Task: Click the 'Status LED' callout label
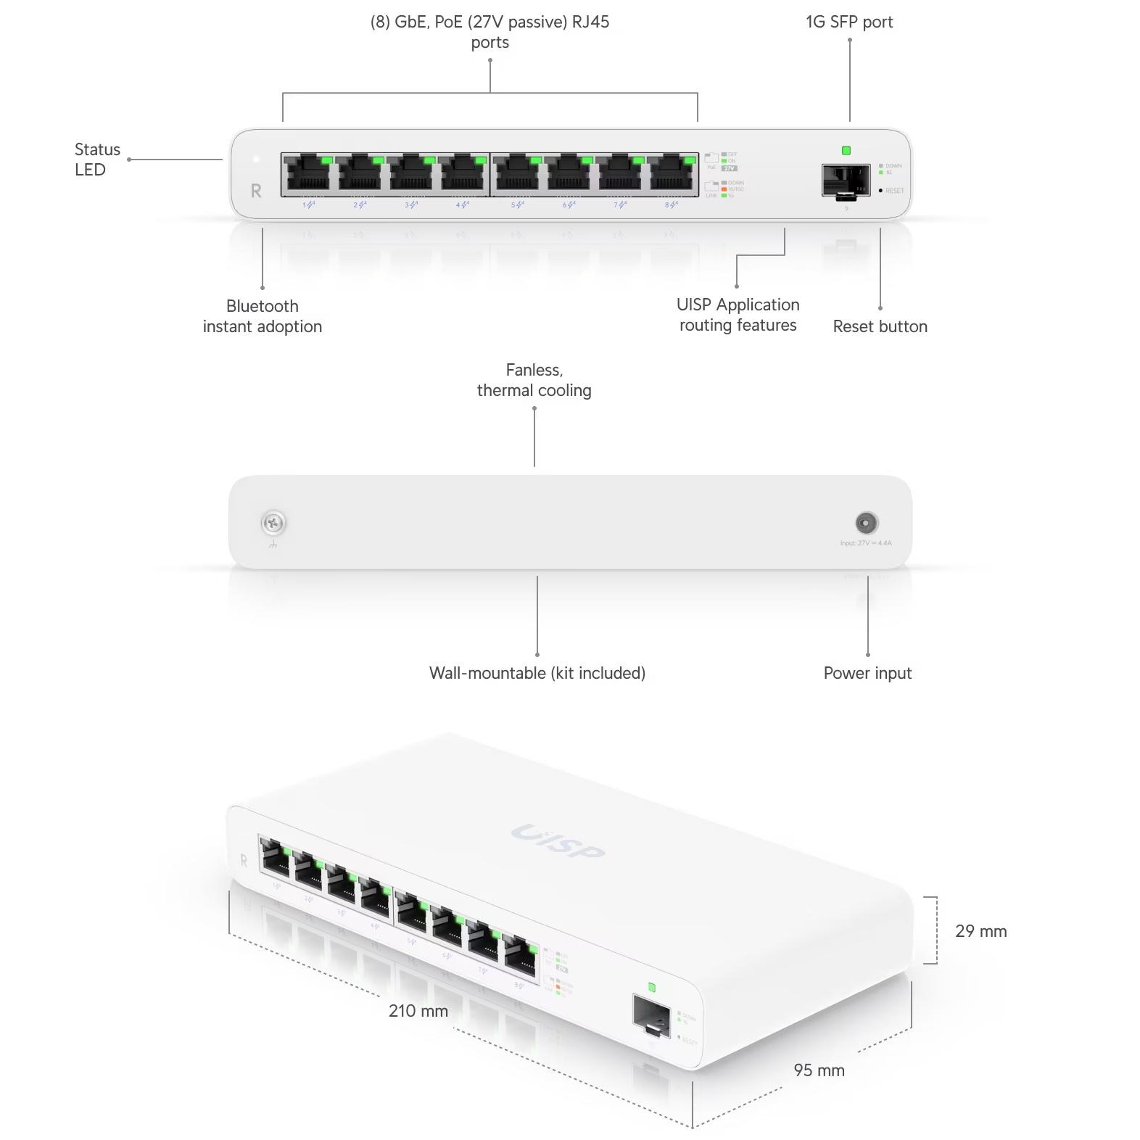(96, 160)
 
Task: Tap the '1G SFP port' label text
(849, 22)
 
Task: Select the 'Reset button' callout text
(880, 326)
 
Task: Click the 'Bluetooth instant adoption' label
(262, 316)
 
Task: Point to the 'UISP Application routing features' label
(738, 315)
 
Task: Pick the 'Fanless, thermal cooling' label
(534, 380)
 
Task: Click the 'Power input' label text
(867, 673)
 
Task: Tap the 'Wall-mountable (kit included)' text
(537, 673)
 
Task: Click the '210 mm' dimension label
(418, 1011)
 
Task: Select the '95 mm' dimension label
(819, 1070)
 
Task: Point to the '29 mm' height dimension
(980, 931)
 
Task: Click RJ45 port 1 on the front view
(308, 174)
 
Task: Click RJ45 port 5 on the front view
(517, 174)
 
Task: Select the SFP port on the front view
(846, 180)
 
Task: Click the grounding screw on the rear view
(273, 522)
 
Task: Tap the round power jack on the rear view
(867, 522)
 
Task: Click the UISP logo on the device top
(557, 841)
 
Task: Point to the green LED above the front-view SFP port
(846, 151)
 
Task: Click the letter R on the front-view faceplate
(256, 191)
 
